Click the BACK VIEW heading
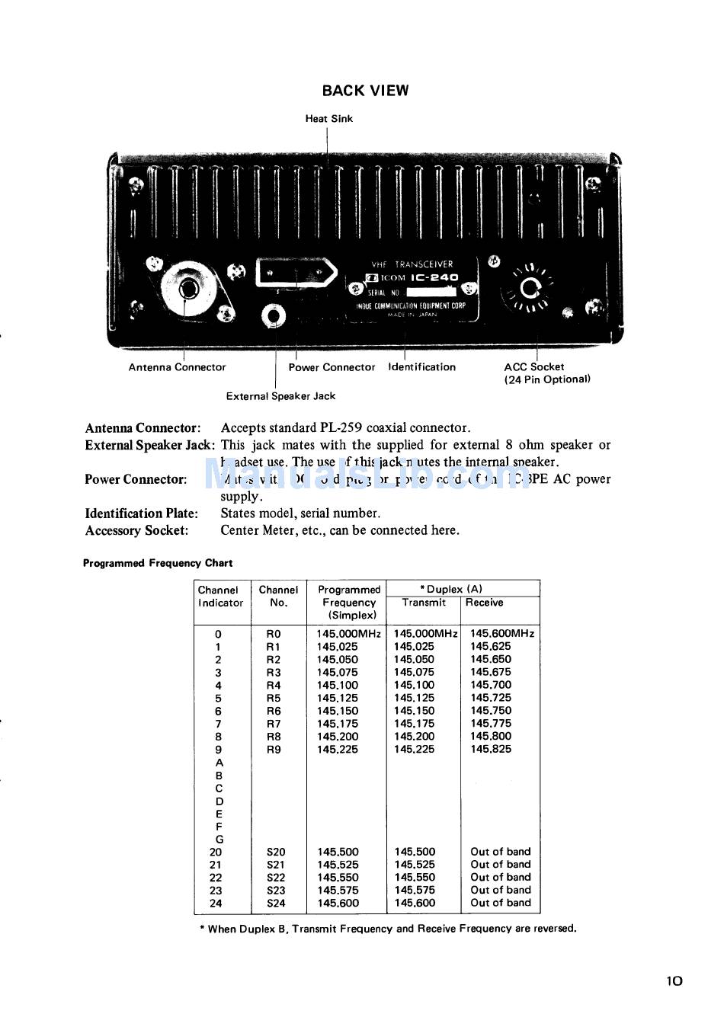pyautogui.click(x=365, y=91)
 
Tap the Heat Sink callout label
pyautogui.click(x=328, y=119)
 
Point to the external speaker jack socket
pyautogui.click(x=274, y=315)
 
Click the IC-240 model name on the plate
pyautogui.click(x=434, y=278)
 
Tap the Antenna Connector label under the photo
pyautogui.click(x=177, y=367)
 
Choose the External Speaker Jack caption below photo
pyautogui.click(x=280, y=396)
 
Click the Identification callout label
pyautogui.click(x=421, y=367)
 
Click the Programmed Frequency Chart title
pyautogui.click(x=157, y=564)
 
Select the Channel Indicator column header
pyautogui.click(x=219, y=597)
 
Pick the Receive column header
pyautogui.click(x=484, y=603)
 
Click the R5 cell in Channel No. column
pyautogui.click(x=274, y=698)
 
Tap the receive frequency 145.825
pyautogui.click(x=491, y=750)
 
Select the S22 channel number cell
pyautogui.click(x=276, y=878)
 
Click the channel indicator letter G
pyautogui.click(x=219, y=840)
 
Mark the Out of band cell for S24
pyautogui.click(x=501, y=903)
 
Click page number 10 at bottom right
pyautogui.click(x=674, y=981)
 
